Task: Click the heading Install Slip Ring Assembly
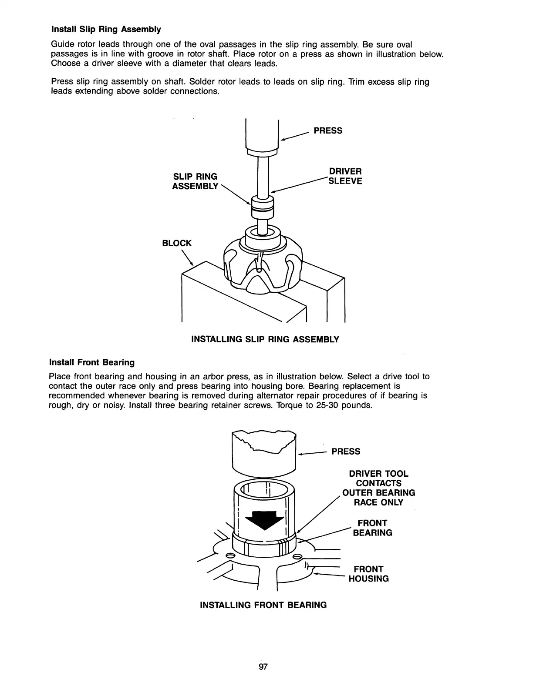click(x=106, y=30)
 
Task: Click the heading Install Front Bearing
click(x=92, y=362)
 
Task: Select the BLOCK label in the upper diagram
click(x=177, y=243)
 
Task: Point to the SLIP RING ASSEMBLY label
click(x=195, y=181)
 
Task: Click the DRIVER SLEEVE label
click(x=345, y=176)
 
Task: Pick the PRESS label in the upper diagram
click(x=328, y=131)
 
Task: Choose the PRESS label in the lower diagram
click(x=346, y=452)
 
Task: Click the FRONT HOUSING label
click(x=368, y=574)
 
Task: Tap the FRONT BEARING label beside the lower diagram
click(x=372, y=528)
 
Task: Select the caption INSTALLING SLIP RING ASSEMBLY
click(x=265, y=339)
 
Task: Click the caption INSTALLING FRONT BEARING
click(x=263, y=605)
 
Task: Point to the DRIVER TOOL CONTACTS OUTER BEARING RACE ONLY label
click(x=379, y=488)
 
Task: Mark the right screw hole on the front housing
click(x=297, y=557)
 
